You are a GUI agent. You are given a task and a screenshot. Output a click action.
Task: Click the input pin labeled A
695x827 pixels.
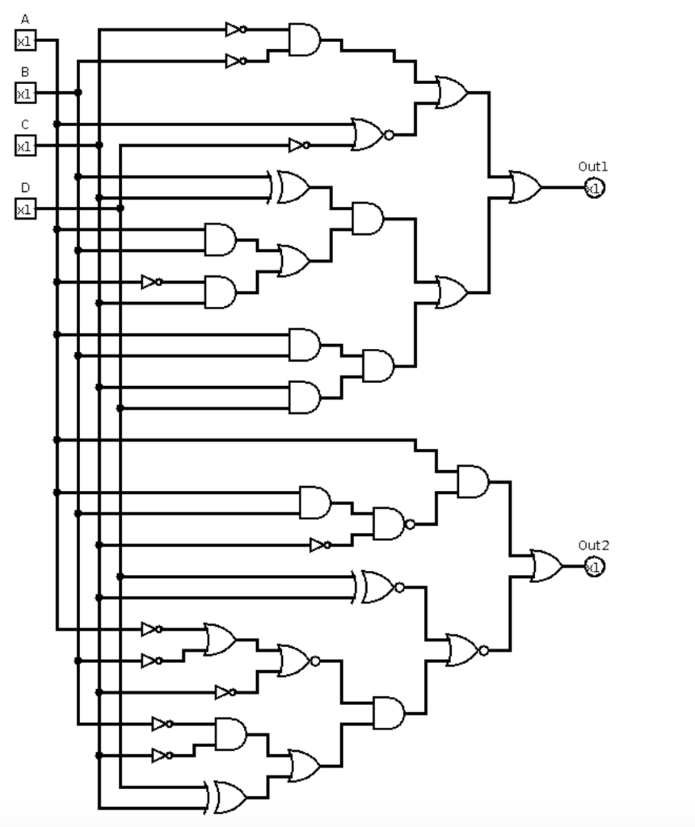(x=25, y=40)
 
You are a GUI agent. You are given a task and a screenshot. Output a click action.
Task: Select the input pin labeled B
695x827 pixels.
(x=25, y=93)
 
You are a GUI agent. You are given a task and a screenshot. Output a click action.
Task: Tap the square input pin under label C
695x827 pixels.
(x=25, y=145)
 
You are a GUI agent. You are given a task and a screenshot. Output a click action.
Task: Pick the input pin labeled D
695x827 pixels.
(x=25, y=208)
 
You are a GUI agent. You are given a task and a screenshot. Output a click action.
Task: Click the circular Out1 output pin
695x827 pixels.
(x=594, y=187)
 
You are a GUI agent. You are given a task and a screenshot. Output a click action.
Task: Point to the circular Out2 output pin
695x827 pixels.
(x=594, y=566)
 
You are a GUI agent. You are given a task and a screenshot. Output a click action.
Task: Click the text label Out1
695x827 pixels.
(x=592, y=166)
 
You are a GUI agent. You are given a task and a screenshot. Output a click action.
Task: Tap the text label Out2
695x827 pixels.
(x=592, y=545)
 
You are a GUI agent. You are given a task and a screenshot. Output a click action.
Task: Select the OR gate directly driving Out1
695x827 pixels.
(x=525, y=187)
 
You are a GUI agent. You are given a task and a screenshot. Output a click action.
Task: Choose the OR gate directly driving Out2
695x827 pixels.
(x=546, y=566)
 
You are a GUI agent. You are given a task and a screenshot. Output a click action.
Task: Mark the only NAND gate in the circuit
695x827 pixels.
(x=390, y=524)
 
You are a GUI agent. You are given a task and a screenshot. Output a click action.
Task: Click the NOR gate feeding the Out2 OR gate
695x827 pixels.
(x=464, y=650)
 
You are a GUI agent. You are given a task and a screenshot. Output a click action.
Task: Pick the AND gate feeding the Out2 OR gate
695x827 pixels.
(x=473, y=481)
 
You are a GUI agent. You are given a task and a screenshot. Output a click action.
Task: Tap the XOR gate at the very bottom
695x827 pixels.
(x=230, y=797)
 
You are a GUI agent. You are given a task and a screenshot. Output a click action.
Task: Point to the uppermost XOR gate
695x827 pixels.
(x=292, y=187)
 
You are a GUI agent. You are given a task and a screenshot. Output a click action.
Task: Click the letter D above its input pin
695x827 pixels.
(x=25, y=187)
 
